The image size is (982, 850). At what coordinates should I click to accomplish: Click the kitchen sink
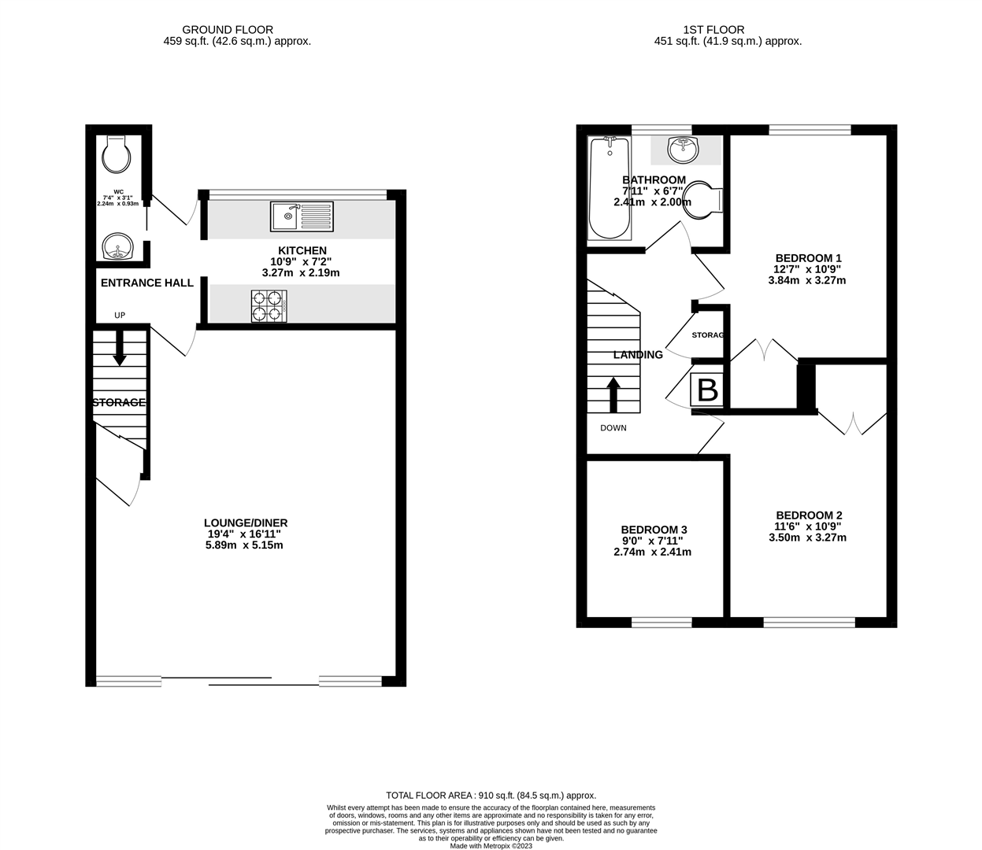(302, 216)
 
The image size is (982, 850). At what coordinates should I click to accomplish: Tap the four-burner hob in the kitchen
(269, 306)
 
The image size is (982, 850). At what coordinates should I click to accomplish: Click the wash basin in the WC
(118, 246)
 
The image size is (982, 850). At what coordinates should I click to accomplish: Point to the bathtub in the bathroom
(610, 187)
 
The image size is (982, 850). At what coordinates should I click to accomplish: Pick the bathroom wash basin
(683, 150)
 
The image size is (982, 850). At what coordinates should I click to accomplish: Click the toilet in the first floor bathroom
(705, 200)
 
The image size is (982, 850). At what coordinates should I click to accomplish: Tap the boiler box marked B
(707, 390)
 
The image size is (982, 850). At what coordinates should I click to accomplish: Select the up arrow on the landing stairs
(613, 394)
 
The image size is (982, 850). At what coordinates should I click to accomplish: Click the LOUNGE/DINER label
(246, 523)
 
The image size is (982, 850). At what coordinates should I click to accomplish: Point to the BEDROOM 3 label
(654, 530)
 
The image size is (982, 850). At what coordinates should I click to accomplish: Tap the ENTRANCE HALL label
(147, 283)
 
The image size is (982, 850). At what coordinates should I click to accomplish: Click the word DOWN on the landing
(613, 428)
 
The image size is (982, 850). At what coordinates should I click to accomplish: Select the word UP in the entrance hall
(120, 316)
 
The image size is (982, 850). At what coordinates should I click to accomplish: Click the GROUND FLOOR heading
(228, 30)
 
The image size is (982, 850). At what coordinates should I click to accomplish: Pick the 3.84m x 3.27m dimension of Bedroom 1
(806, 280)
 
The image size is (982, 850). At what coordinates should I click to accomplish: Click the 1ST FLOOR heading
(713, 30)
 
